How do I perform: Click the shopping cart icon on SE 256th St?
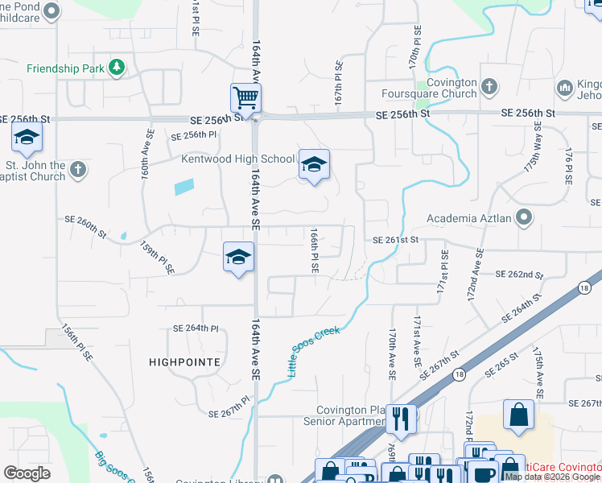click(245, 98)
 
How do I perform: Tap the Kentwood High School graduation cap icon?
click(314, 165)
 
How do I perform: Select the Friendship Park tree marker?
click(117, 68)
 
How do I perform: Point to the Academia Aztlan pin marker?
click(525, 217)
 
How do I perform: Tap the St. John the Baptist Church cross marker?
click(77, 169)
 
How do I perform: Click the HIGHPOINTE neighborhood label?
click(184, 362)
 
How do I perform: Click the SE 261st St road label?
click(396, 240)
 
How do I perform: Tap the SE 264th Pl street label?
click(196, 328)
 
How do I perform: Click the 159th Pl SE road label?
click(158, 258)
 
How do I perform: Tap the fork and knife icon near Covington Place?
click(400, 419)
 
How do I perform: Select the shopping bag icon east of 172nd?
click(518, 415)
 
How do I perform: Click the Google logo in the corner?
click(27, 473)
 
